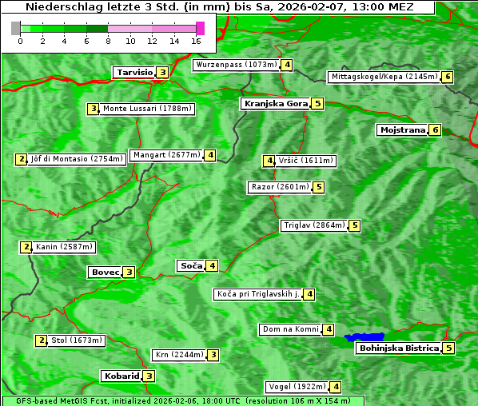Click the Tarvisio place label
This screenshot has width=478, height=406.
pyautogui.click(x=134, y=73)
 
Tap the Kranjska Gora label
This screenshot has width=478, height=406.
pyautogui.click(x=275, y=104)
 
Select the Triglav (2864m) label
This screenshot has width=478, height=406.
pyautogui.click(x=314, y=225)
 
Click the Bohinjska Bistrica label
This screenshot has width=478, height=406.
pyautogui.click(x=399, y=348)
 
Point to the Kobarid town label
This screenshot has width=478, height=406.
pyautogui.click(x=121, y=376)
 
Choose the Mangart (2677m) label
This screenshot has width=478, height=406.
pyautogui.click(x=166, y=155)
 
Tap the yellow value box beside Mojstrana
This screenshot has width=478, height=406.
pyautogui.click(x=435, y=129)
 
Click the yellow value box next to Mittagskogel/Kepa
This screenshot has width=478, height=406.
pyautogui.click(x=448, y=77)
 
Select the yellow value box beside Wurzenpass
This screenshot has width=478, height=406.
pyautogui.click(x=286, y=65)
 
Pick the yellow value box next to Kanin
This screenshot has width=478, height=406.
pyautogui.click(x=26, y=247)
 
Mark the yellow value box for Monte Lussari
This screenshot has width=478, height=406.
pyautogui.click(x=94, y=109)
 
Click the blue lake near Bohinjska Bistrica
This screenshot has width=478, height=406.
pyautogui.click(x=364, y=338)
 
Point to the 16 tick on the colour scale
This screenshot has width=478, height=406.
pyautogui.click(x=197, y=40)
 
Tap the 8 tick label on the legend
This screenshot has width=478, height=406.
pyautogui.click(x=108, y=40)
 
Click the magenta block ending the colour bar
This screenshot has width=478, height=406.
pyautogui.click(x=200, y=28)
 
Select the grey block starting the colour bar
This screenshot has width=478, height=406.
pyautogui.click(x=16, y=28)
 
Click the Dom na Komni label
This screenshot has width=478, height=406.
pyautogui.click(x=290, y=329)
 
